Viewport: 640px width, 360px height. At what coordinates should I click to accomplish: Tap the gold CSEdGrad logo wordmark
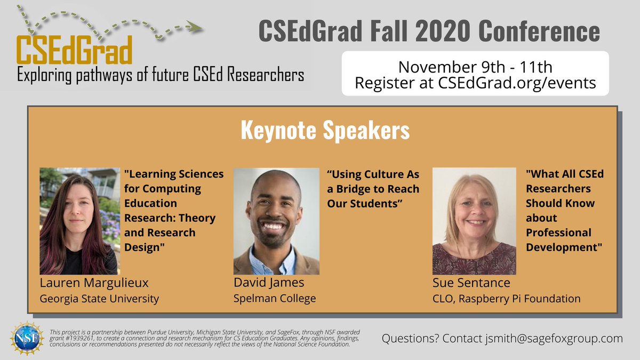tap(74, 51)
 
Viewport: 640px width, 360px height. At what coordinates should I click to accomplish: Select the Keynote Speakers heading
tap(325, 130)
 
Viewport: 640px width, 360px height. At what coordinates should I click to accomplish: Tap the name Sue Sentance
tap(471, 282)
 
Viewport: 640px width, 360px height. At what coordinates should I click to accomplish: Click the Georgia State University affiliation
tap(99, 299)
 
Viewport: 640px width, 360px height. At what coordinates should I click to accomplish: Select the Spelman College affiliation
tap(274, 299)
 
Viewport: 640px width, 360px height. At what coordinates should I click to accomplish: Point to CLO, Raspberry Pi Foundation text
tap(506, 299)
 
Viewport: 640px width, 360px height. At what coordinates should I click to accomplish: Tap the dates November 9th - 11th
tap(475, 67)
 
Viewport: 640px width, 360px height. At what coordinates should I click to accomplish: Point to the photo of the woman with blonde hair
tap(474, 221)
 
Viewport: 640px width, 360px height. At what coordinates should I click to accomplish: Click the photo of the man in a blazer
tap(276, 221)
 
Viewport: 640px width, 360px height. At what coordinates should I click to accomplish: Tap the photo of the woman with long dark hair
tap(79, 221)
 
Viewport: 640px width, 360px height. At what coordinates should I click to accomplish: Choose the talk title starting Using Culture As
tap(373, 189)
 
